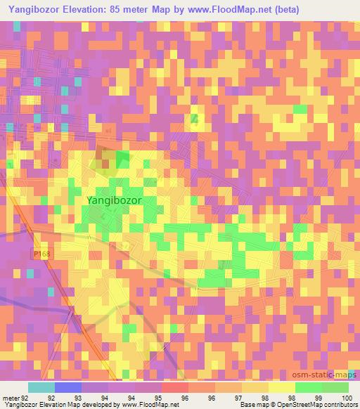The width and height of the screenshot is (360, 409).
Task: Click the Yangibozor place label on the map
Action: (x=114, y=200)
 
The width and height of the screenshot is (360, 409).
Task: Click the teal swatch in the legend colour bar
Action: (x=41, y=387)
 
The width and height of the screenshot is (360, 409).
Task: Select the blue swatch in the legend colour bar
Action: (x=68, y=387)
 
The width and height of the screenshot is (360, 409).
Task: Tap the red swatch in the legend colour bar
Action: (x=175, y=387)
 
